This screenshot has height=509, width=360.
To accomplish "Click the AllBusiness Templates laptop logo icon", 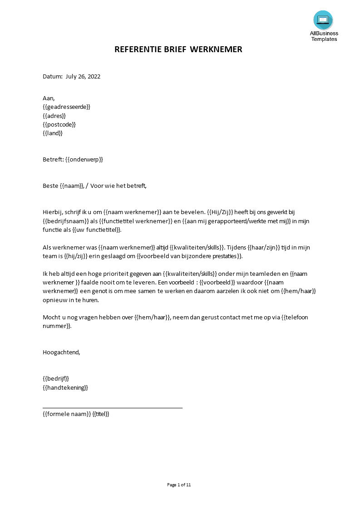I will pos(323,20).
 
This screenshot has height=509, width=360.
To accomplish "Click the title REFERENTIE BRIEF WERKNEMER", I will pos(178,49).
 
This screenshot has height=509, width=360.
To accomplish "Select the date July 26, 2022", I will pos(83,76).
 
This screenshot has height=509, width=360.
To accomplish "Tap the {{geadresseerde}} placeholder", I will pos(67,107).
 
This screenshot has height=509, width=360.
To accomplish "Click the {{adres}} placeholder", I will pos(54,116).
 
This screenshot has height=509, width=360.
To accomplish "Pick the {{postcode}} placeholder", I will pos(59,124).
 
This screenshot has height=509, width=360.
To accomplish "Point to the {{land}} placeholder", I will pos(53,133).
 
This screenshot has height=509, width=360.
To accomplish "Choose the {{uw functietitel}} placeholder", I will pos(97,230).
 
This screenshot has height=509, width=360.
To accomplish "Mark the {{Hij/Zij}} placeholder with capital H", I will pos(220,212).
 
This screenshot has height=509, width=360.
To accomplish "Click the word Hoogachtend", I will pos(61,352).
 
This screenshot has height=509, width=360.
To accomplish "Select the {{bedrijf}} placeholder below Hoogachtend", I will pos(56,378).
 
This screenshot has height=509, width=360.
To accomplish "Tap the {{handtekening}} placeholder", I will pos(65,387).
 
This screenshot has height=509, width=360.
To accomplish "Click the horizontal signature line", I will pos(113,408).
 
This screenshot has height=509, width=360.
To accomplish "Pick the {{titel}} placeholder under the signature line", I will pos(101,414).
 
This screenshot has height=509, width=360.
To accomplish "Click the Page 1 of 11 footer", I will pos(179,485).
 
